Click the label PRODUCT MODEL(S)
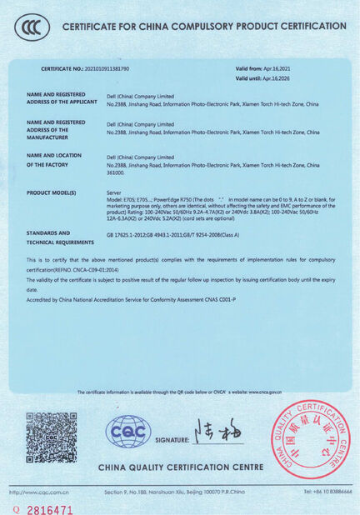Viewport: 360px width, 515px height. [x=52, y=192]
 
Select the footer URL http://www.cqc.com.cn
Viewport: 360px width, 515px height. [x=39, y=492]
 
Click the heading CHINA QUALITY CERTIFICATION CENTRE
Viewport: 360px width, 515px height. [x=181, y=467]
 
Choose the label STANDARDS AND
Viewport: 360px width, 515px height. [x=48, y=232]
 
